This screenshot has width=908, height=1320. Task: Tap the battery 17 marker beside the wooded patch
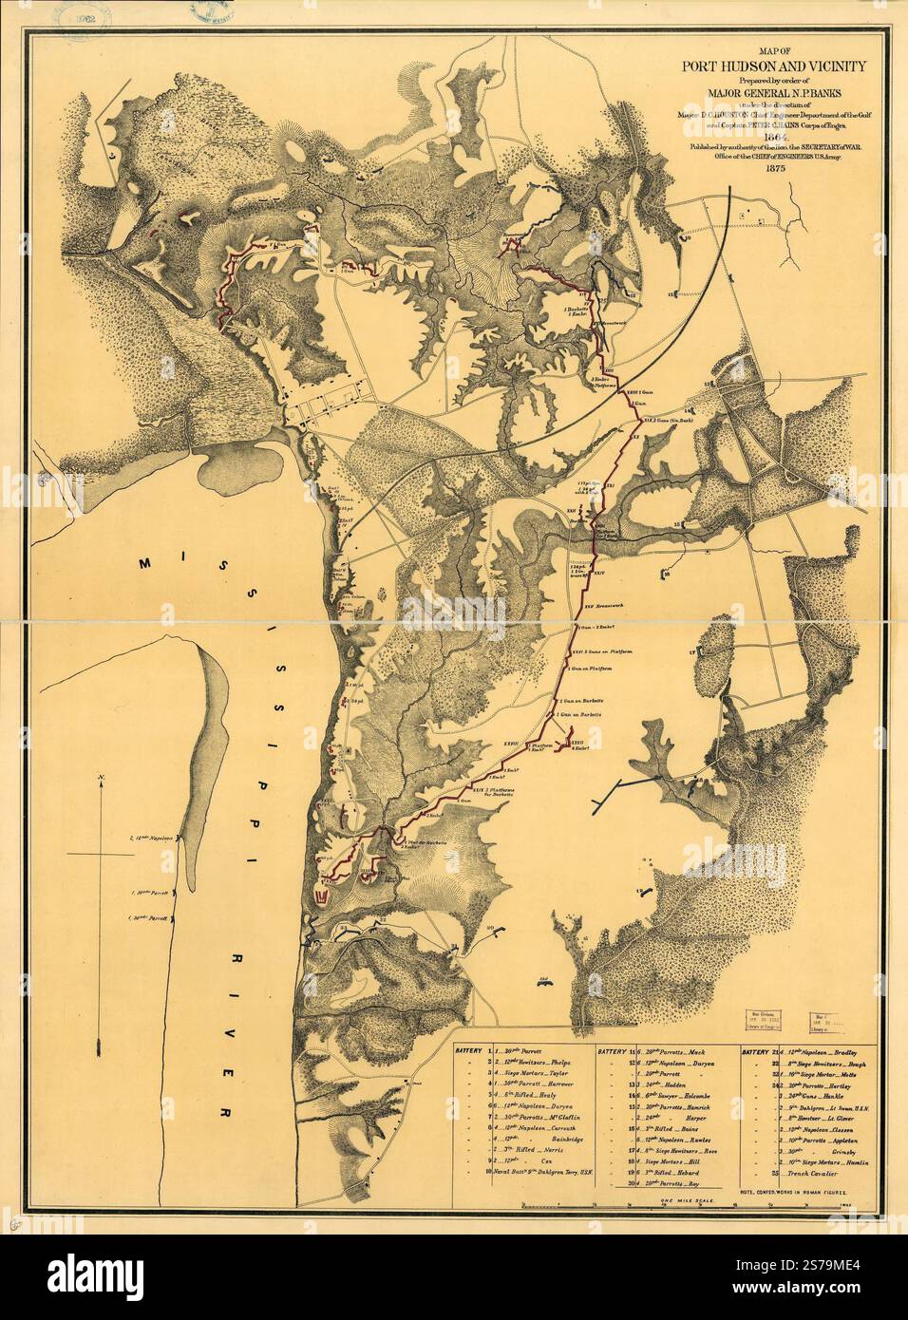pyautogui.click(x=693, y=654)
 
